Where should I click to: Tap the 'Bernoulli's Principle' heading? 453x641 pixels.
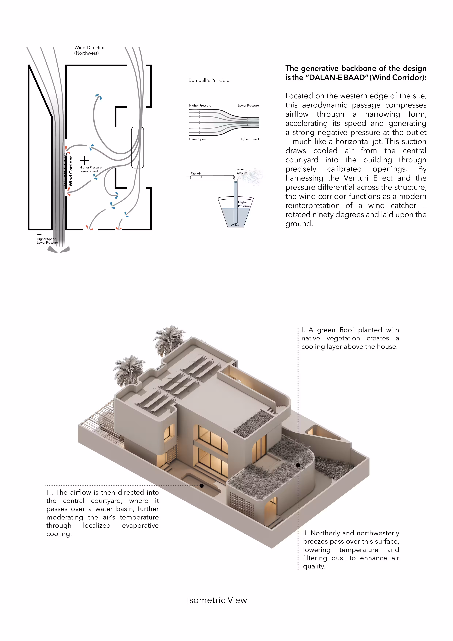click(x=209, y=80)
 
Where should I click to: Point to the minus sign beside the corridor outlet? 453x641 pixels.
click(x=39, y=234)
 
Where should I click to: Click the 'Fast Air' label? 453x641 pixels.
click(x=196, y=173)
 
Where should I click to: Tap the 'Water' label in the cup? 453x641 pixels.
click(x=235, y=225)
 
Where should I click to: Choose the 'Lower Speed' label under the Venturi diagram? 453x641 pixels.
click(x=198, y=139)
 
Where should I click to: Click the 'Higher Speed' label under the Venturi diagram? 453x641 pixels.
click(x=249, y=139)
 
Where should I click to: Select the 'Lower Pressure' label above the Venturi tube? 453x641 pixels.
click(x=248, y=106)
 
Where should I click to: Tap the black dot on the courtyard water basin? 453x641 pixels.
click(x=201, y=486)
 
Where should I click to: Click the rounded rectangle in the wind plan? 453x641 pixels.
click(x=137, y=147)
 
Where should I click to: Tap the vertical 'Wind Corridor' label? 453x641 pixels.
click(x=71, y=171)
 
